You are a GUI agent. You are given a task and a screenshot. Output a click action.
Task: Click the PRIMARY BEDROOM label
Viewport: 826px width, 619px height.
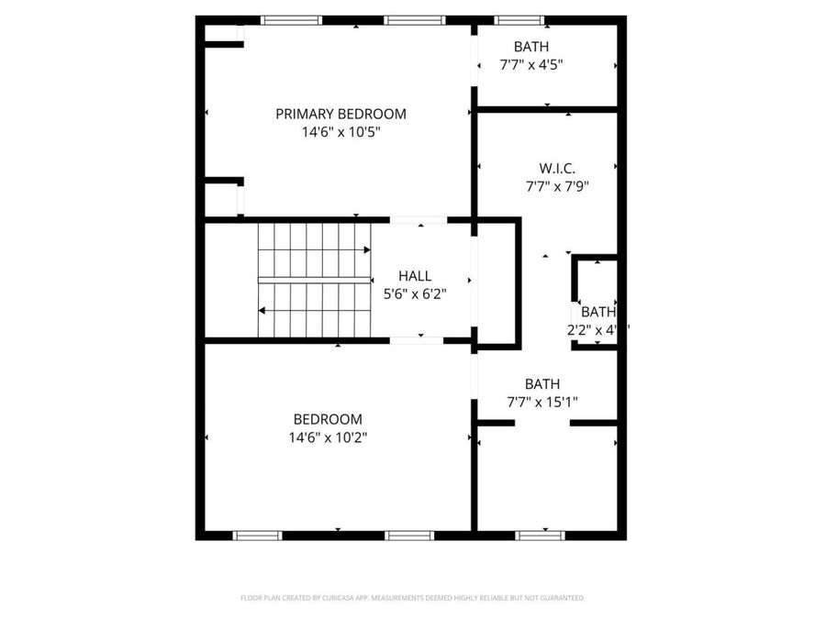340,114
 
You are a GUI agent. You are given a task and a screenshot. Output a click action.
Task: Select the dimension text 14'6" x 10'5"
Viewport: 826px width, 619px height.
340,132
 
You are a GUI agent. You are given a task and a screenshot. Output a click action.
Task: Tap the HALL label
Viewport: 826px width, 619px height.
414,275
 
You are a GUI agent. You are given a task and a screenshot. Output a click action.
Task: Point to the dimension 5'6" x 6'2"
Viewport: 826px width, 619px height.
414,294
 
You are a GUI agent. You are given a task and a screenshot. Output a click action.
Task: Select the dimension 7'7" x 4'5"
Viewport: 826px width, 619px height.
530,64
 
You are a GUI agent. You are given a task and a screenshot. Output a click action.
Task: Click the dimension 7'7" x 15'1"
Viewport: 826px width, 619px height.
541,402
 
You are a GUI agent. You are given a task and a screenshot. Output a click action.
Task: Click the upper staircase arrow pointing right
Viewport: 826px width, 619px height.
365,249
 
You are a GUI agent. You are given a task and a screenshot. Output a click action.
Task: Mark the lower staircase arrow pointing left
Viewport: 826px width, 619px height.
263,311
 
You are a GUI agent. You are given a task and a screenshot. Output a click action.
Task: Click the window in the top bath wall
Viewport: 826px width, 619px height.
519,20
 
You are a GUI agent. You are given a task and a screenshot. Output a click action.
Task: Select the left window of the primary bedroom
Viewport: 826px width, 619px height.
291,20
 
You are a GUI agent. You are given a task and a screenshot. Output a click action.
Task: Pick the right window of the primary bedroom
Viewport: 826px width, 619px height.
414,20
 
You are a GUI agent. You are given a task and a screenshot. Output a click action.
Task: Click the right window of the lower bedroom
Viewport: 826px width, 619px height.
409,536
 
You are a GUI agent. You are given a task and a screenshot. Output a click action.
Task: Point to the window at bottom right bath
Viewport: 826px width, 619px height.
540,536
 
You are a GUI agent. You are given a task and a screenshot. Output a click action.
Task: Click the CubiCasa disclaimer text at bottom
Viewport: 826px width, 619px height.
412,598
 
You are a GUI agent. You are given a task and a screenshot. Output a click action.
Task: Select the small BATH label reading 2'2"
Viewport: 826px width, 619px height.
597,321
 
